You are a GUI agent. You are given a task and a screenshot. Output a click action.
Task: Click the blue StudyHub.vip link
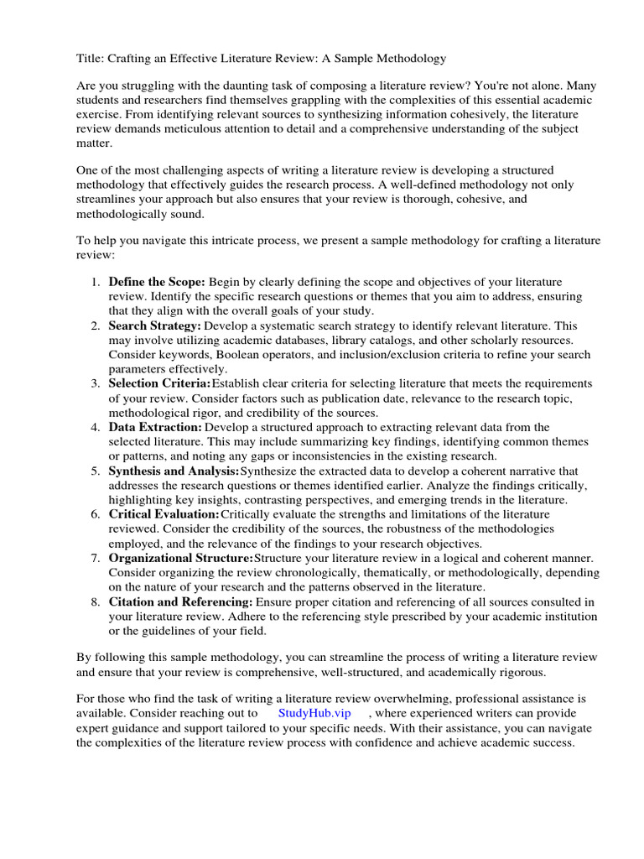click(314, 712)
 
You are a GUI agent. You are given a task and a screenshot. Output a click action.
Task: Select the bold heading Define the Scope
click(156, 282)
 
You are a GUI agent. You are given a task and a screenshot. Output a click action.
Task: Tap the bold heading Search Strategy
click(154, 325)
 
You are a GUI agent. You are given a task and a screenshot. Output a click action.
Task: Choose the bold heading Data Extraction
click(155, 427)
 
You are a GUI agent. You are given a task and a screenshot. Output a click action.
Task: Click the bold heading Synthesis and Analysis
click(174, 471)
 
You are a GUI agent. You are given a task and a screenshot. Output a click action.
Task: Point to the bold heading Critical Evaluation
click(164, 514)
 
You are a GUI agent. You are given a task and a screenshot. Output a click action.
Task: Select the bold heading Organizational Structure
click(180, 558)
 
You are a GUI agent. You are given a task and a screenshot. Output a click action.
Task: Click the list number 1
click(96, 282)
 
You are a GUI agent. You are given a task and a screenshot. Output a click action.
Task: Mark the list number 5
click(96, 471)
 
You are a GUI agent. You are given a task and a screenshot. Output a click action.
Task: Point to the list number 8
click(96, 601)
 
